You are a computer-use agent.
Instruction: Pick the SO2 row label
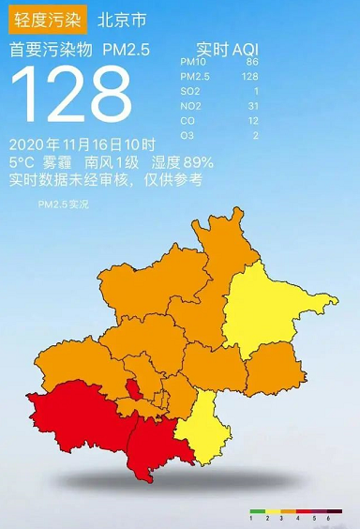pyautogui.click(x=188, y=91)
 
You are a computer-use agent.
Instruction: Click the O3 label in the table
pyautogui.click(x=187, y=136)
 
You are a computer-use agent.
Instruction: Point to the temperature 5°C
pyautogui.click(x=22, y=162)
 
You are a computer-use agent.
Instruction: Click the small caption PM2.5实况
pyautogui.click(x=63, y=203)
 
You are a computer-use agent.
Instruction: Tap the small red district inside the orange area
pyautogui.click(x=135, y=389)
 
